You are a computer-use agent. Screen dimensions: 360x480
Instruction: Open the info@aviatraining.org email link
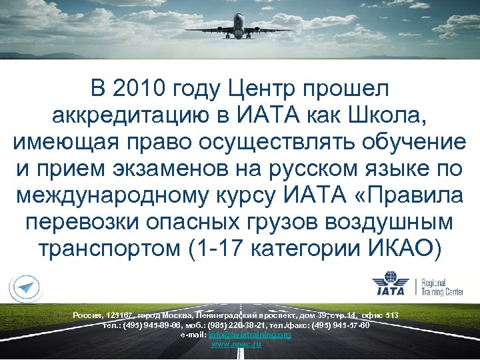[x=250, y=335]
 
